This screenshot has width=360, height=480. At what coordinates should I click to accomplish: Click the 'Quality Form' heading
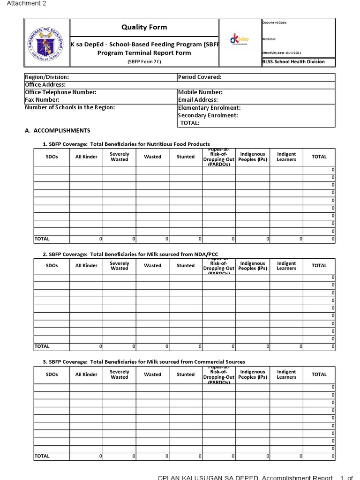tap(144, 27)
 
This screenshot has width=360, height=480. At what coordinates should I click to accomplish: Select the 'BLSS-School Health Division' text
tap(293, 62)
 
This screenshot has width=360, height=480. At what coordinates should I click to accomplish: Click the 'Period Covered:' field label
tap(200, 77)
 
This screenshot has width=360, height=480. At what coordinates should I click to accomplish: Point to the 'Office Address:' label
tap(45, 85)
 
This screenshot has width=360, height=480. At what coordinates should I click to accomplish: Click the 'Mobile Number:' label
tap(200, 92)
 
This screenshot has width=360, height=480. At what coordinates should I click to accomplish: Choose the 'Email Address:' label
tap(198, 100)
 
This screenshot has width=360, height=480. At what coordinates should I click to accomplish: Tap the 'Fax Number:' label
tap(42, 100)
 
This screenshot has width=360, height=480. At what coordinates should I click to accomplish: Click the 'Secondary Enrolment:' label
tap(208, 115)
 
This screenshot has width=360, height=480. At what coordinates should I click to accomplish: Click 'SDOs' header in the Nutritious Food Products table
tap(52, 157)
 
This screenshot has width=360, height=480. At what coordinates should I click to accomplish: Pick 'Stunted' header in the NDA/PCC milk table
tap(186, 266)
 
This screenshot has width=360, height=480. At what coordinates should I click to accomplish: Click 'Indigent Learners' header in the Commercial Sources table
tap(286, 375)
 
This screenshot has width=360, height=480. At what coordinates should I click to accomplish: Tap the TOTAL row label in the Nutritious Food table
tap(42, 239)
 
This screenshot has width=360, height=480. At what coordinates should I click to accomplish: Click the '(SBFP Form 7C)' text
tap(144, 62)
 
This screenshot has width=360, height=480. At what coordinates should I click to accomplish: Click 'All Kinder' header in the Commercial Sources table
tap(86, 375)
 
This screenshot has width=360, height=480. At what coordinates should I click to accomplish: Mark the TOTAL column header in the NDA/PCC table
tap(319, 266)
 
